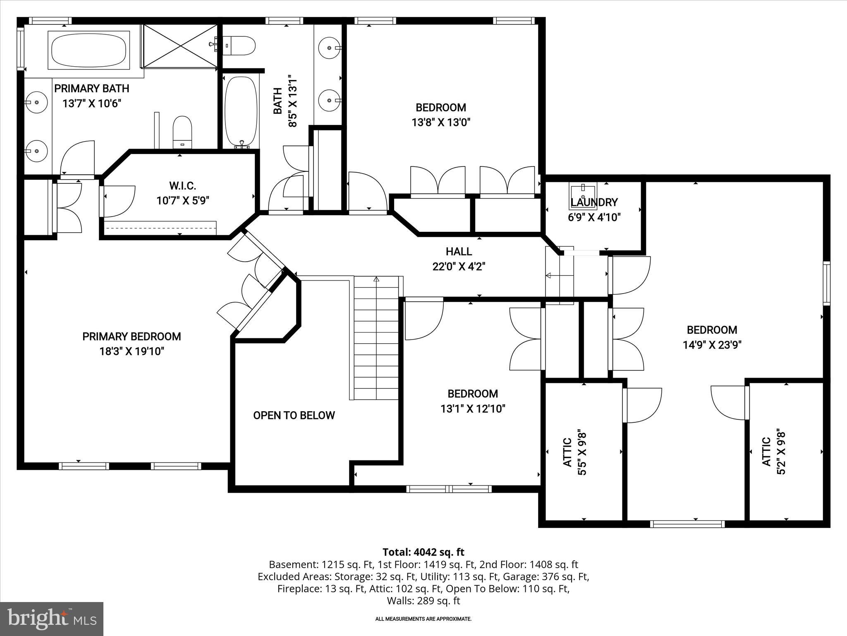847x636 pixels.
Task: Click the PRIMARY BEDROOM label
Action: (132, 337)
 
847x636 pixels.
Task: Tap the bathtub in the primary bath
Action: (89, 51)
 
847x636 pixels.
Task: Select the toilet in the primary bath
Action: (182, 132)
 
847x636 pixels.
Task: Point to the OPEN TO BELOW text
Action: (294, 415)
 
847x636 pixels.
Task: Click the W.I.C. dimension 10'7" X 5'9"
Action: (183, 201)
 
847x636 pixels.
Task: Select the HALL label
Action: (459, 251)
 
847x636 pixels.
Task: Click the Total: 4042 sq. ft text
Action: (423, 552)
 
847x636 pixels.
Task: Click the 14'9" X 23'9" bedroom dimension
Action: (712, 345)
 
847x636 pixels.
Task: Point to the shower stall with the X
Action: (180, 46)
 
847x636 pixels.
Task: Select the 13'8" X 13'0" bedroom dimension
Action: (441, 123)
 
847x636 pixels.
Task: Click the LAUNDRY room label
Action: (594, 202)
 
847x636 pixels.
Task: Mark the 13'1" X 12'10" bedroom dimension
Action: (473, 409)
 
